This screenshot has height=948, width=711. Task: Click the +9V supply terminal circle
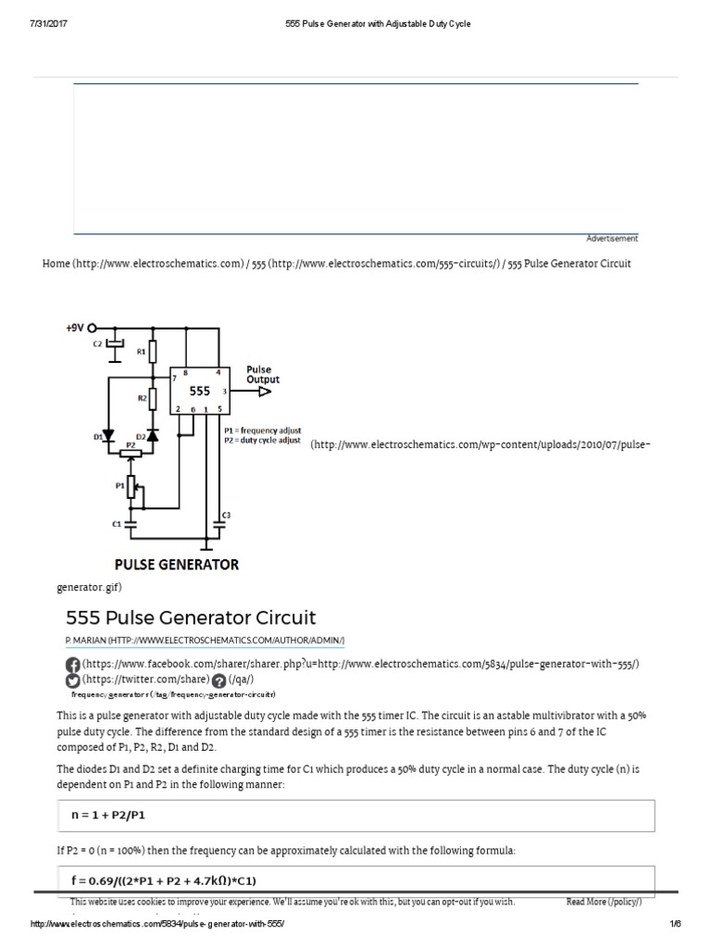point(93,327)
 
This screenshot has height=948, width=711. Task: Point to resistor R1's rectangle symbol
point(154,351)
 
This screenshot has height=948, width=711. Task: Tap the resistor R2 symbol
point(154,399)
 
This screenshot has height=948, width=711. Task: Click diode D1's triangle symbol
point(108,434)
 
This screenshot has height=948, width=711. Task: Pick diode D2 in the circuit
point(154,434)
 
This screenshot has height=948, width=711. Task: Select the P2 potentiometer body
point(131,453)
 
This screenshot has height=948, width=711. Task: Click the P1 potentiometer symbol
point(131,485)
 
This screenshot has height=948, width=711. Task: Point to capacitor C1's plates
point(131,523)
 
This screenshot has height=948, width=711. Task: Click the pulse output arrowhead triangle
point(265,393)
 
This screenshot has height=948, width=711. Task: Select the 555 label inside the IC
point(201,392)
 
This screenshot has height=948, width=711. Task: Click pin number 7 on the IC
point(174,379)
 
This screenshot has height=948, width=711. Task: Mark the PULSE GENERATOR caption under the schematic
point(176,564)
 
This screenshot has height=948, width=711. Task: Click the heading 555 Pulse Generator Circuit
point(191,617)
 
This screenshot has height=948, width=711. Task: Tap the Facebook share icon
point(72,666)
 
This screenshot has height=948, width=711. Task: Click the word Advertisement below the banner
point(612,239)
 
